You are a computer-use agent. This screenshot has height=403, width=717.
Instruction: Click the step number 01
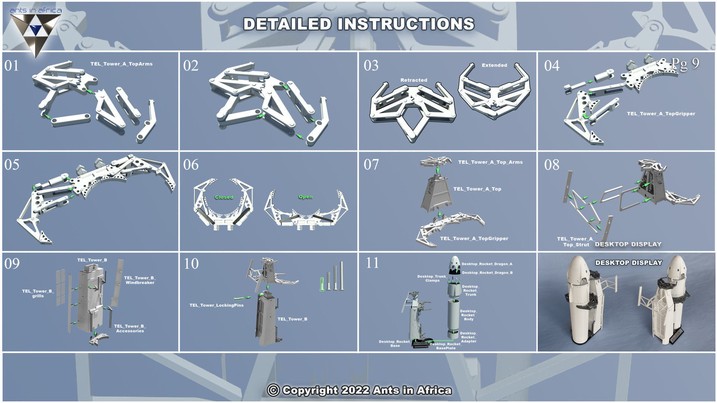coord(12,66)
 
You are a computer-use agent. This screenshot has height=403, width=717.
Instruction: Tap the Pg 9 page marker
coord(685,64)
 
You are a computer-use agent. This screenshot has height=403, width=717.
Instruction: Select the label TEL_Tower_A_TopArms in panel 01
coord(121,64)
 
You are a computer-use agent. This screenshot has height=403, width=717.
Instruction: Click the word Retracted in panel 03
coord(413,80)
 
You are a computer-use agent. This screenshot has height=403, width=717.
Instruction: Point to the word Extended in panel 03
coord(494,65)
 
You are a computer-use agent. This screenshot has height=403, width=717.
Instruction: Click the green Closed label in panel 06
coord(224,197)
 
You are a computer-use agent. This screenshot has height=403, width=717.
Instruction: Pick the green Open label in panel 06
coord(305,197)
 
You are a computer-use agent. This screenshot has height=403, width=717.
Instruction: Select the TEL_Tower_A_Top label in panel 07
coord(477,189)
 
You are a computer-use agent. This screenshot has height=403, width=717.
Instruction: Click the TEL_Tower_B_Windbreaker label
coord(140,280)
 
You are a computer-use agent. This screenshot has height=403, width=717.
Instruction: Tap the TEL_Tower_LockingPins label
coord(216,305)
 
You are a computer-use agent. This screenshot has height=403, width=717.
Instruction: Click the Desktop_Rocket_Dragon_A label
coord(487,264)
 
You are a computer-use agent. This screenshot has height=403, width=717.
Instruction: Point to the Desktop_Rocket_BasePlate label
coord(446,346)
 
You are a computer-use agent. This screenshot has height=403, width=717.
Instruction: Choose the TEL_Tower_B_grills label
coord(38,293)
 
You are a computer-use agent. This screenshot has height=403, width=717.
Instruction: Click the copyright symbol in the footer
coord(273,390)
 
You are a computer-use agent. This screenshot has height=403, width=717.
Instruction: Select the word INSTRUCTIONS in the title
coord(406,24)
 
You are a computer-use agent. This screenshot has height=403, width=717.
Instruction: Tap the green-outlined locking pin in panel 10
coord(322,284)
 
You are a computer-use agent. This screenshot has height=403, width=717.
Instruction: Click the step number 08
coord(552,165)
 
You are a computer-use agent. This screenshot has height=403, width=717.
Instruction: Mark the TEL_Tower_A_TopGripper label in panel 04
coord(661,113)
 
